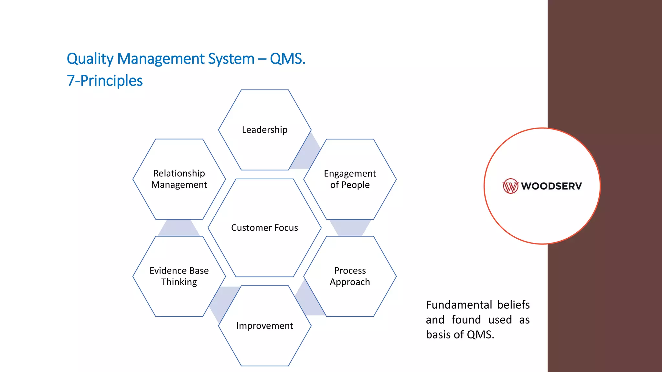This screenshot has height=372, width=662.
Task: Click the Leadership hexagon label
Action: (264, 130)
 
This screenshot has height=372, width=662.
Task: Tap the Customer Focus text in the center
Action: (264, 228)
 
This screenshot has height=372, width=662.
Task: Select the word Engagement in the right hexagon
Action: (350, 174)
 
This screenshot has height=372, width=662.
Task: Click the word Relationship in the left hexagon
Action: (179, 173)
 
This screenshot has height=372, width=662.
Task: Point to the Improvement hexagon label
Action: (264, 326)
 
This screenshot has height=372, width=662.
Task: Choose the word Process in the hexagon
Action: (350, 270)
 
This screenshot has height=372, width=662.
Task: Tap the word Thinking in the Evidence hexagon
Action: (179, 282)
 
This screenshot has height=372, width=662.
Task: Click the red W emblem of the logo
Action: (510, 186)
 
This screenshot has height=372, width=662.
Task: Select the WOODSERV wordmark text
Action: (551, 186)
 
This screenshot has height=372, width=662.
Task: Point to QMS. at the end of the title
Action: (287, 59)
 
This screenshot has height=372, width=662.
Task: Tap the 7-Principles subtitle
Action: (104, 81)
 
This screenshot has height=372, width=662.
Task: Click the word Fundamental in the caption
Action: (459, 305)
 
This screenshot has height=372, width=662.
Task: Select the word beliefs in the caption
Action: (513, 305)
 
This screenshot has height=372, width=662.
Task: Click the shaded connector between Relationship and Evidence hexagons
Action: (178, 228)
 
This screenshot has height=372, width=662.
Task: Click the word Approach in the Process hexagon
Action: (350, 282)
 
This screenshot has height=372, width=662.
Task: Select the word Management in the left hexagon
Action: (179, 185)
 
